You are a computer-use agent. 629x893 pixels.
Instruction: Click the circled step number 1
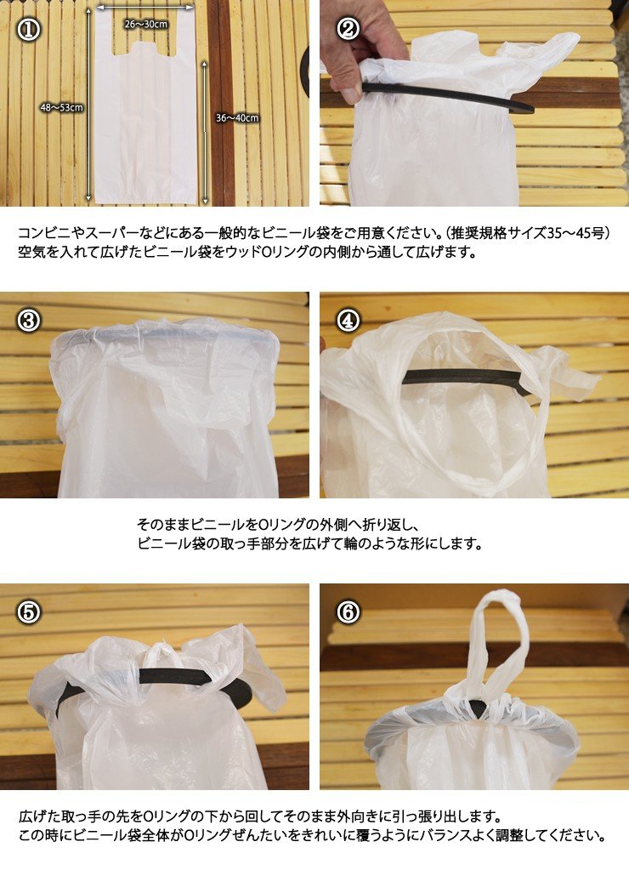tap(28, 29)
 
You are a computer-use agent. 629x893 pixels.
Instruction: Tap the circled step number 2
tap(348, 29)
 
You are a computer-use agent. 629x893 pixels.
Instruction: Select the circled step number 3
tap(28, 321)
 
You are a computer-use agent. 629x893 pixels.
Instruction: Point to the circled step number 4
tap(348, 321)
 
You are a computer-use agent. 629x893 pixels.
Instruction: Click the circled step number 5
tap(28, 612)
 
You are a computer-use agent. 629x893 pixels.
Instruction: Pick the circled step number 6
tap(348, 612)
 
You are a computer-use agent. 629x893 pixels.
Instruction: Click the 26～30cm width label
tap(146, 24)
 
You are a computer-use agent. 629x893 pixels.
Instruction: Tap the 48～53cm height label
tap(61, 107)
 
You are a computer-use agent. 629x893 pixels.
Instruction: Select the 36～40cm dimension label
tap(237, 118)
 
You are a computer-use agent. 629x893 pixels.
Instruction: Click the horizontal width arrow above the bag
tap(145, 8)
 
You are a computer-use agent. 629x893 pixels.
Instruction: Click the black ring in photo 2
tap(447, 98)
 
